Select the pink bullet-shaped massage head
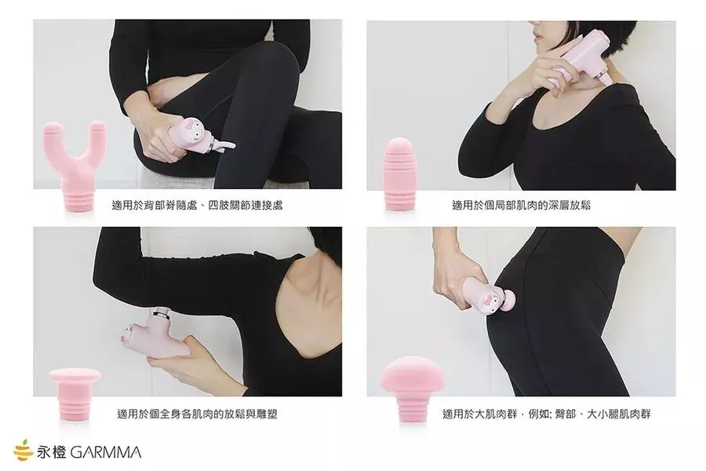click(x=399, y=174)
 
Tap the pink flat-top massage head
click(x=75, y=394)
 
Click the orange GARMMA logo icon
click(x=23, y=451)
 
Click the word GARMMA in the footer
click(x=106, y=452)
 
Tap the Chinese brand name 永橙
click(x=52, y=452)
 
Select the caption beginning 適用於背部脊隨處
click(x=197, y=206)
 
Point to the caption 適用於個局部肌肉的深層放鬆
click(x=521, y=206)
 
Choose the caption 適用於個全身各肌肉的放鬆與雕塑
click(x=197, y=414)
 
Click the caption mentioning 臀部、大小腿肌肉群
click(x=546, y=414)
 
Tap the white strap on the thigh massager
click(x=224, y=144)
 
